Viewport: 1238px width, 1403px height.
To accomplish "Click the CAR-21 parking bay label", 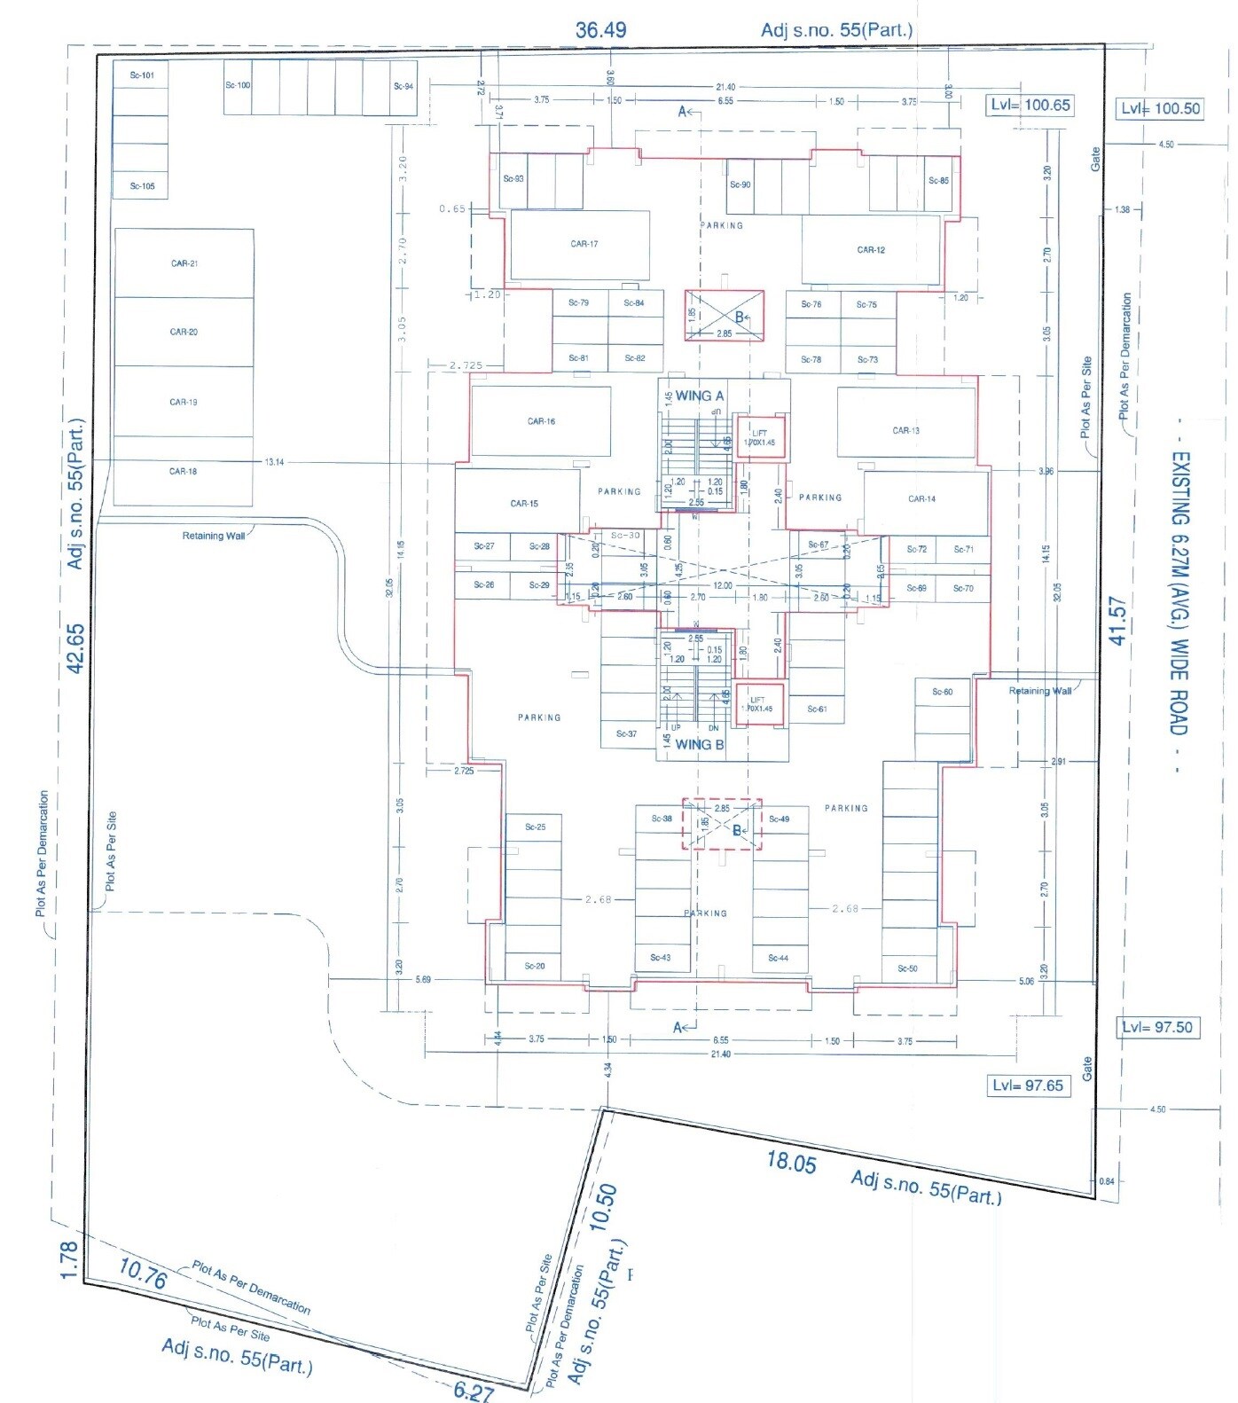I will coord(184,263).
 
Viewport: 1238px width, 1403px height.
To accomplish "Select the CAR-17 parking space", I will coord(584,244).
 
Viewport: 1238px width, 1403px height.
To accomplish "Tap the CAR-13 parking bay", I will coord(905,431).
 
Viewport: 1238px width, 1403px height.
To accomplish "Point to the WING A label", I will coord(699,396).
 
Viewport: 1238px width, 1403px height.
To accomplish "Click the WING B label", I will coord(699,744).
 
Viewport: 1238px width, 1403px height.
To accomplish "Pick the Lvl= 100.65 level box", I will coord(1030,105).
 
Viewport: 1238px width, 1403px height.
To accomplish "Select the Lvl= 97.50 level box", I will coord(1157,1027).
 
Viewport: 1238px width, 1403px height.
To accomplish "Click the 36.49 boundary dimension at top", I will coord(600,30).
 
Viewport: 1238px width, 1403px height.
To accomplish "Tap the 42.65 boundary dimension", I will coord(76,647).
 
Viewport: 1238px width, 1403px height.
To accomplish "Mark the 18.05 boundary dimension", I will coord(791,1163).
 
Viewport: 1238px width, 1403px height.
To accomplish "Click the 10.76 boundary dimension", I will coord(143,1277).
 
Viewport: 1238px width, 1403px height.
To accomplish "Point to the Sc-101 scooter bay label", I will coord(141,75).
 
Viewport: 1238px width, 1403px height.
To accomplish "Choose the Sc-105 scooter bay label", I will coord(141,186).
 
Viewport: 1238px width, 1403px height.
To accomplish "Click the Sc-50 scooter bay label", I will coord(907,968).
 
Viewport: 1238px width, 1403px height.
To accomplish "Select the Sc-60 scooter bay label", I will coord(942,692).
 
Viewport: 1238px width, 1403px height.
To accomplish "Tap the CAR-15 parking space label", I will coord(523,504).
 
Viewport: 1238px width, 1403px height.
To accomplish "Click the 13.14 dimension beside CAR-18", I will coord(274,462).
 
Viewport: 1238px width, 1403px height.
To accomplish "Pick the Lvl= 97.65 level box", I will coord(1027,1086).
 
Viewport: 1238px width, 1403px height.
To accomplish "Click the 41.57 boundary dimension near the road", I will coord(1117,621).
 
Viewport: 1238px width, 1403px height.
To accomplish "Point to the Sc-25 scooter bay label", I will coord(535,827).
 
